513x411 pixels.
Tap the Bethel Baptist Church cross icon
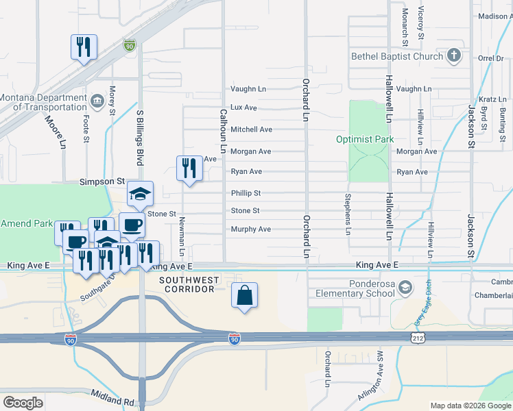pyautogui.click(x=453, y=56)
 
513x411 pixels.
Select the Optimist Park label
pyautogui.click(x=365, y=139)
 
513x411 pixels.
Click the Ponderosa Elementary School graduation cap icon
pyautogui.click(x=406, y=287)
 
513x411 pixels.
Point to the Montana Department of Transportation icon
pyautogui.click(x=97, y=102)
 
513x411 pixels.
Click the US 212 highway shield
pyautogui.click(x=416, y=338)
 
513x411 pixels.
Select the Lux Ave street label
pyautogui.click(x=243, y=108)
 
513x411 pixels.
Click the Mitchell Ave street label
pyautogui.click(x=251, y=129)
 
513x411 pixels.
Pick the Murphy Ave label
pyautogui.click(x=250, y=229)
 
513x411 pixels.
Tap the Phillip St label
pyautogui.click(x=246, y=194)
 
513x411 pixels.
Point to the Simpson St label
pyautogui.click(x=102, y=182)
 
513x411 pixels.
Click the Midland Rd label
pyautogui.click(x=114, y=395)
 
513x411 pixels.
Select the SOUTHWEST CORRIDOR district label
pyautogui.click(x=189, y=284)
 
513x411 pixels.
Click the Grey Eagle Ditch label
pyautogui.click(x=420, y=307)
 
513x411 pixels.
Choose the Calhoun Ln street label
pyautogui.click(x=223, y=129)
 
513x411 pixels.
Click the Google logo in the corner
pyautogui.click(x=23, y=402)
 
